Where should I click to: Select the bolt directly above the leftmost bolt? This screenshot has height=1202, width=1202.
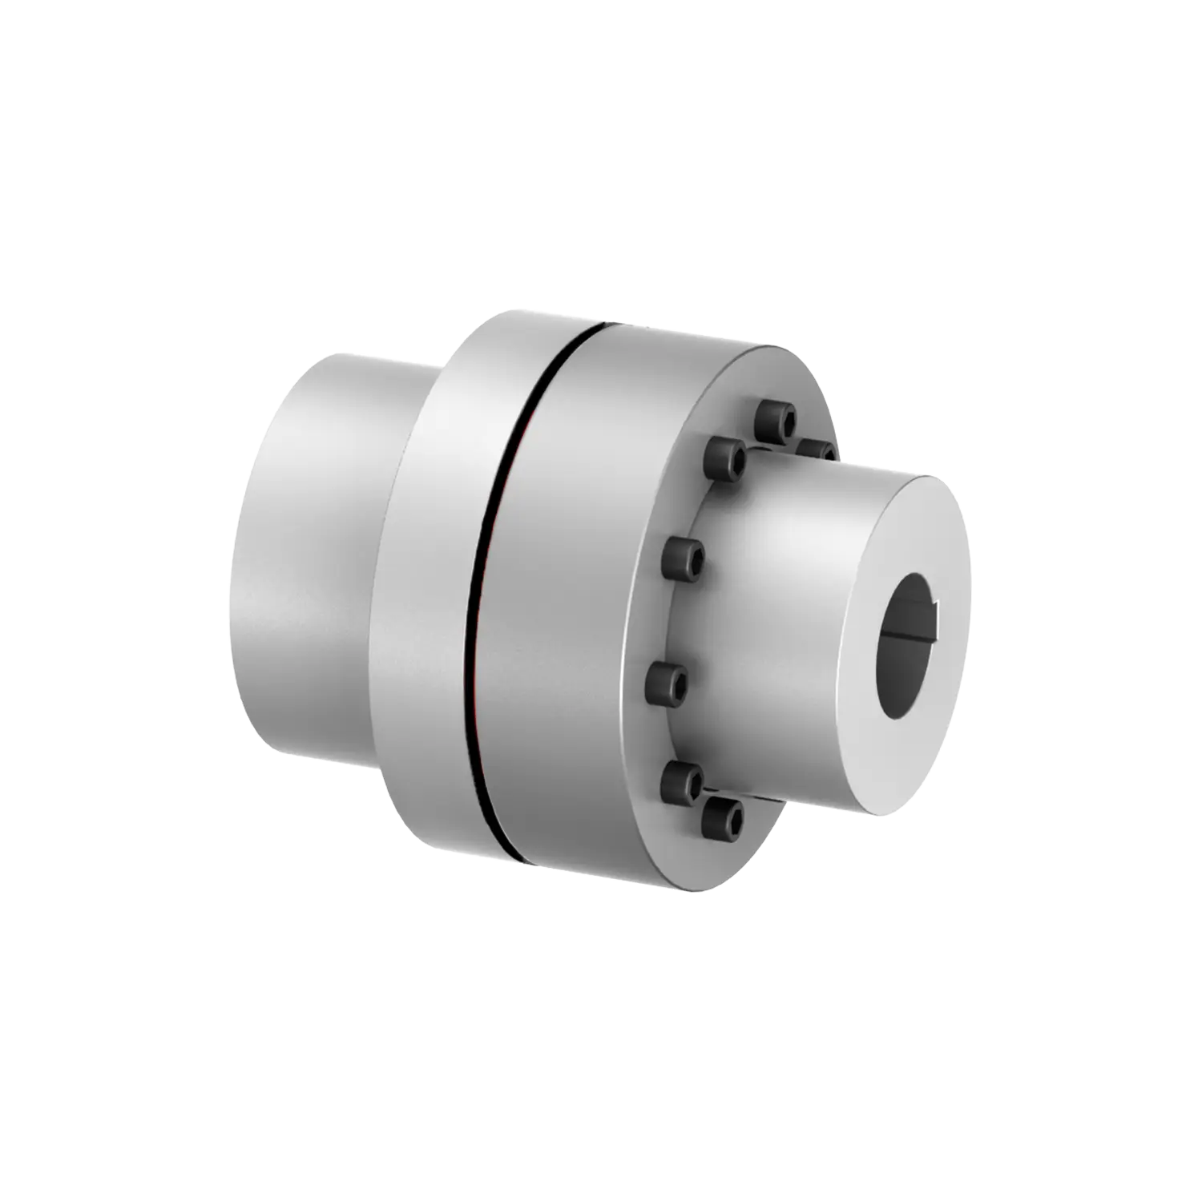point(684,558)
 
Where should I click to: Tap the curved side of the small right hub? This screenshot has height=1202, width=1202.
point(785,609)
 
